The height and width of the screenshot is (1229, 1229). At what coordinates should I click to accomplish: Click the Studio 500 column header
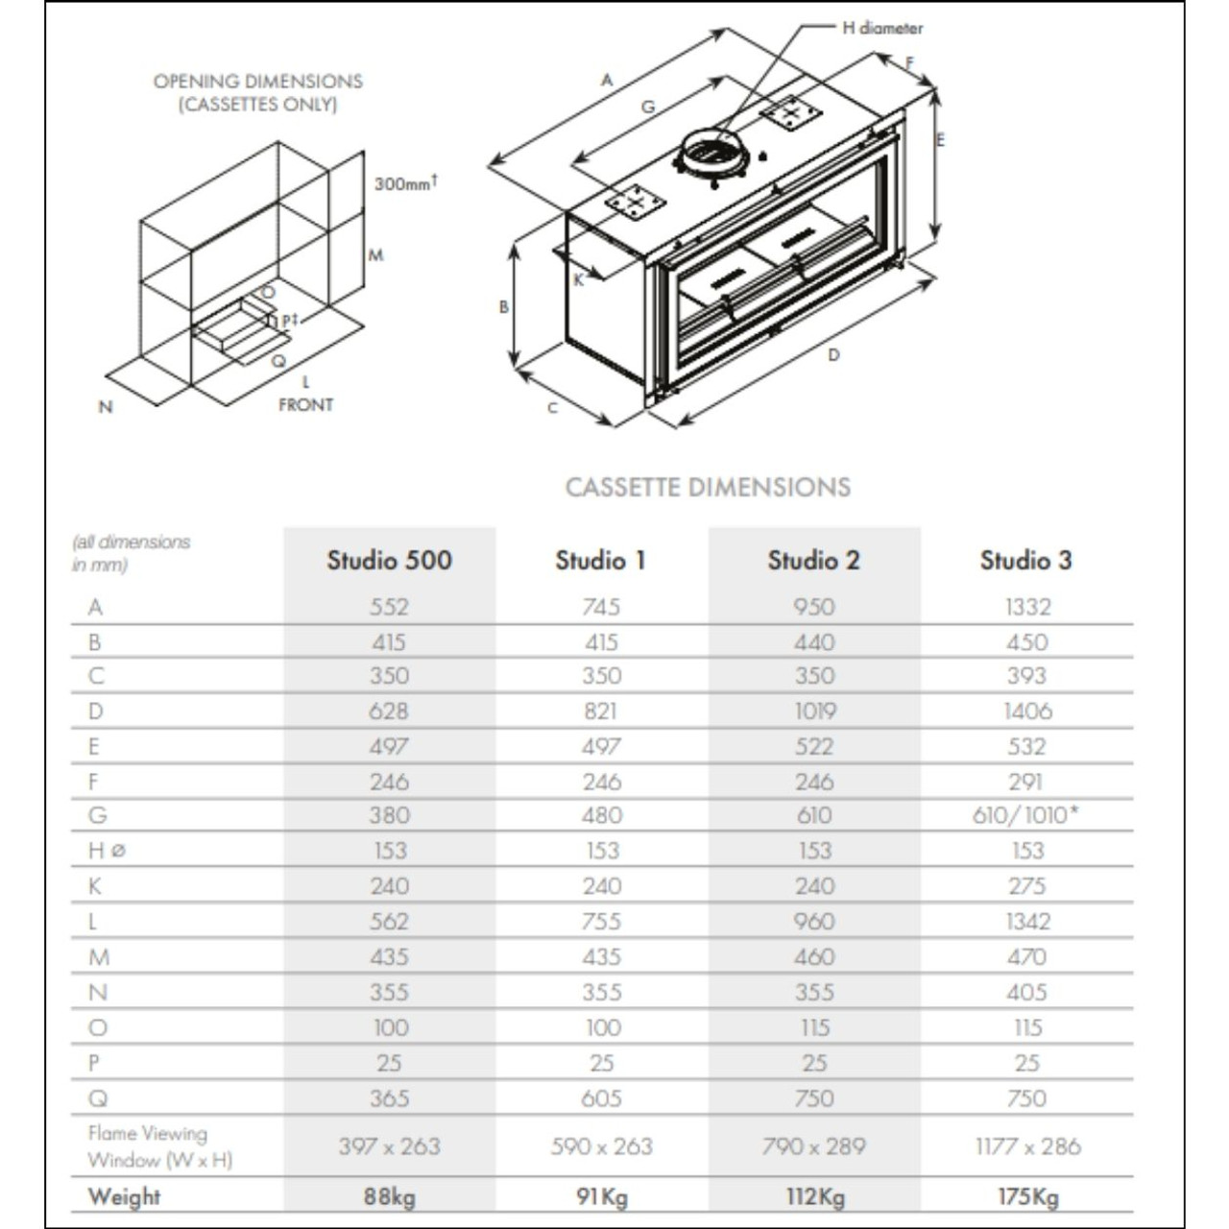(389, 560)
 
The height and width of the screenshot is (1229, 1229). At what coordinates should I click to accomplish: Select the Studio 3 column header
(1025, 560)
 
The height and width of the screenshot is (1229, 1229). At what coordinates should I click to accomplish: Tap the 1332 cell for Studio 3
(1027, 607)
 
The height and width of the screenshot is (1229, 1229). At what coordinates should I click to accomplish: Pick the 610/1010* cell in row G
(1025, 815)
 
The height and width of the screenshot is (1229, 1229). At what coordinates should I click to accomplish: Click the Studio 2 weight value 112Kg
(814, 1196)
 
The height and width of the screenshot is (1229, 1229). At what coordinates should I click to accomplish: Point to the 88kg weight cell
(389, 1196)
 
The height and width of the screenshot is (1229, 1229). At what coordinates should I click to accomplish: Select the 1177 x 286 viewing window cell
(1027, 1146)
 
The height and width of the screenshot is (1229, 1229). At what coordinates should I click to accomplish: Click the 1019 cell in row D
(814, 711)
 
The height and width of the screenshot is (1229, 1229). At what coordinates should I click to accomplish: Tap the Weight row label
(124, 1196)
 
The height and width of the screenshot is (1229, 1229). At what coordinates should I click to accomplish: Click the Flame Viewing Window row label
(159, 1146)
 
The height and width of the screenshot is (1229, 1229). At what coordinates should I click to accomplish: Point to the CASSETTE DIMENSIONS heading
(708, 487)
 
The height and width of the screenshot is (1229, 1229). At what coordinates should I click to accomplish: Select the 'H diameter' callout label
(882, 28)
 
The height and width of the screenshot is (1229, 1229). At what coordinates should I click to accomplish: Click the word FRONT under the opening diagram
(305, 405)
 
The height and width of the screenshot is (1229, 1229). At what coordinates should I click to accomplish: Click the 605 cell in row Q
(601, 1098)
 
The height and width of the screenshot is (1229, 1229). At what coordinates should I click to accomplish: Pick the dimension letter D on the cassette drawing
(833, 355)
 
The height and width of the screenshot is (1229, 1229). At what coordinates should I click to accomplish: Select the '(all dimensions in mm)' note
(131, 553)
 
